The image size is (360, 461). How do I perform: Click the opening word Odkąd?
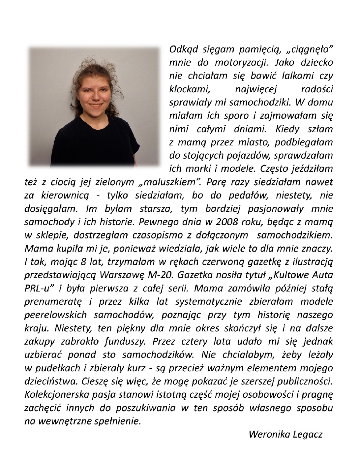(x=183, y=49)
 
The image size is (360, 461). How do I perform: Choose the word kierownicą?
(x=65, y=196)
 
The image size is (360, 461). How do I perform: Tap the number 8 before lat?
(x=83, y=262)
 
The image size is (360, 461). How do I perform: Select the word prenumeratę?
(x=53, y=302)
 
